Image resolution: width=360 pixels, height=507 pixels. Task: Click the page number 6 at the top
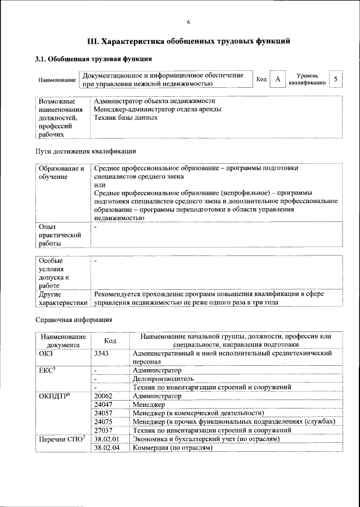tap(188, 22)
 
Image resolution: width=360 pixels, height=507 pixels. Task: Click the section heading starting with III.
tap(188, 41)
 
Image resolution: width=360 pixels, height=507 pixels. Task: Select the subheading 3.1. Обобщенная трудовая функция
tap(93, 59)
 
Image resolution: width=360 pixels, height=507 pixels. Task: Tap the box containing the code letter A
tap(277, 79)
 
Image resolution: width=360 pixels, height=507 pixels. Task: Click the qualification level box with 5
tap(335, 79)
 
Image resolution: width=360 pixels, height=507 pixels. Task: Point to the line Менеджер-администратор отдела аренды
tap(157, 109)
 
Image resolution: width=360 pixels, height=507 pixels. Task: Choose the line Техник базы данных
tap(125, 118)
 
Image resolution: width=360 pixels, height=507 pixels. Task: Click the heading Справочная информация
tap(74, 320)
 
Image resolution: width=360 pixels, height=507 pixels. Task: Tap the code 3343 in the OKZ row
tap(102, 353)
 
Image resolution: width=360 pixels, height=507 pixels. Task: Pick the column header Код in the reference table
tap(110, 340)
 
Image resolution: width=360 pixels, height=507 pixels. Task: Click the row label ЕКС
tap(49, 371)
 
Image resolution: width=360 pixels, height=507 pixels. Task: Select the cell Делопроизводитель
tap(163, 379)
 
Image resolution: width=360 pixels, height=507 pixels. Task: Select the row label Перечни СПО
tap(62, 438)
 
